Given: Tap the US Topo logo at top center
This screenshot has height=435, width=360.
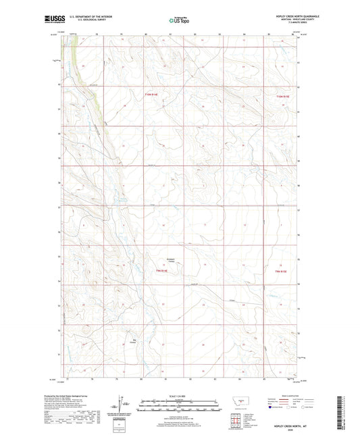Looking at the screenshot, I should coord(178,20).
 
